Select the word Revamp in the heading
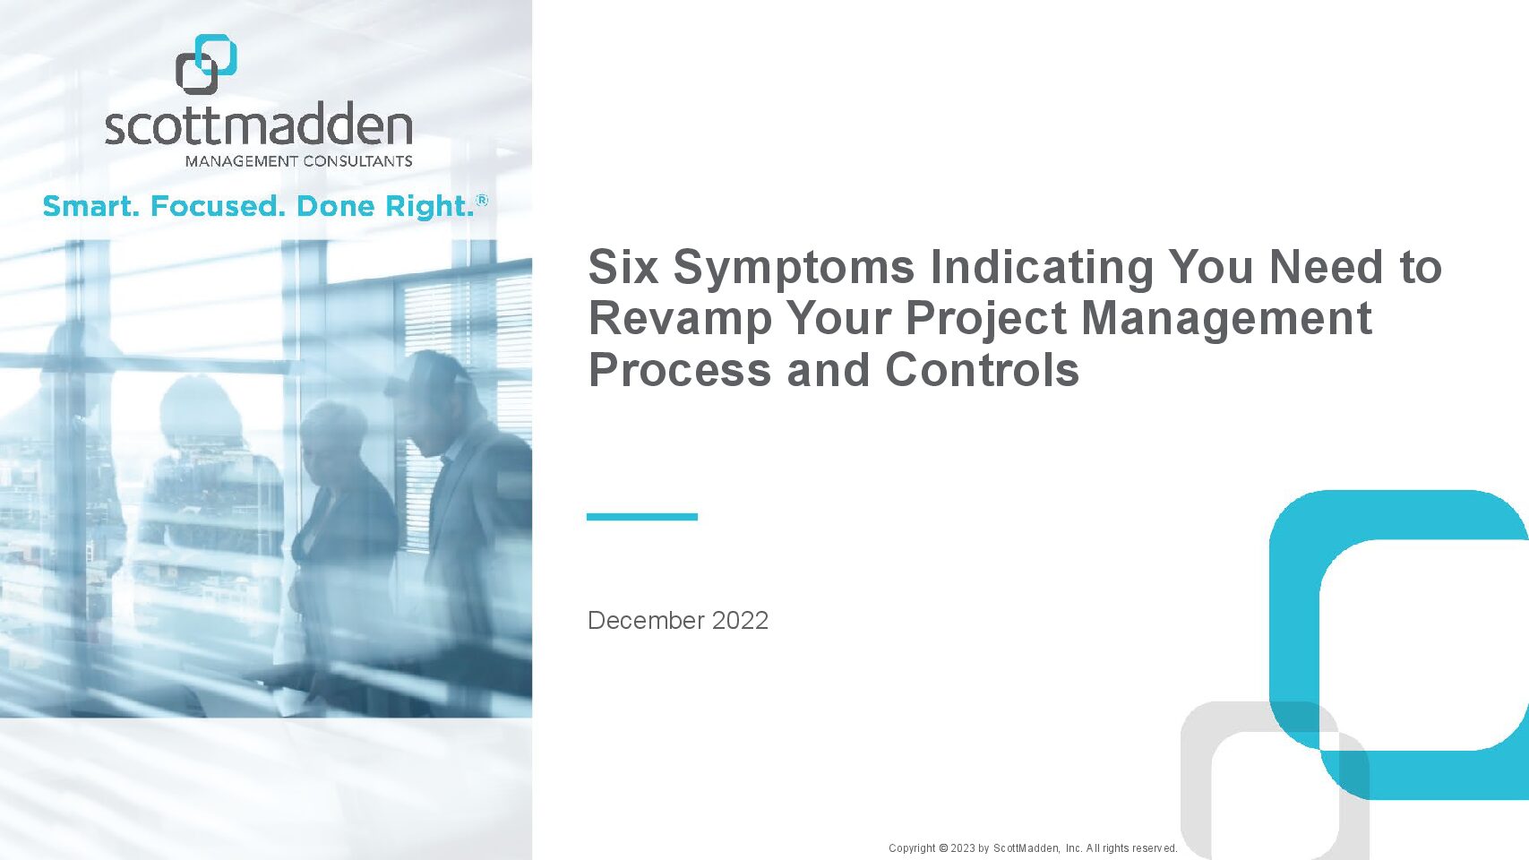click(x=680, y=321)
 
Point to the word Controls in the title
click(x=982, y=370)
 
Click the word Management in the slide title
click(x=1226, y=321)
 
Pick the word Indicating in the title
click(x=1042, y=269)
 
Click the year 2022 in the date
click(x=740, y=621)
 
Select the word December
click(x=646, y=621)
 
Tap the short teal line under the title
click(x=641, y=517)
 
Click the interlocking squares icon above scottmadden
click(x=206, y=64)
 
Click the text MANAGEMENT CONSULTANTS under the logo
click(x=298, y=161)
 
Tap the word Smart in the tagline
click(x=90, y=206)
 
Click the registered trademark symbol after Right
click(x=482, y=200)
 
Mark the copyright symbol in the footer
click(x=943, y=848)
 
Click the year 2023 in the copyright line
click(x=962, y=848)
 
